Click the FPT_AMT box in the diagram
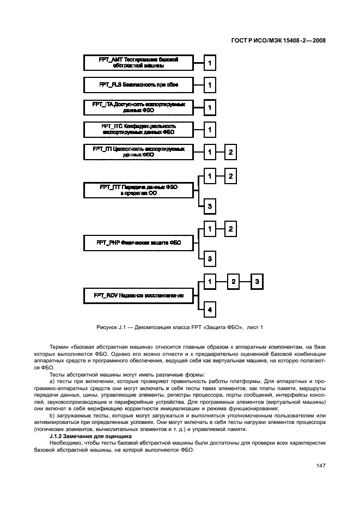138,63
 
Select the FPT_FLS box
138,85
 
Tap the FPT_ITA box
138,107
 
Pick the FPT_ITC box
138,129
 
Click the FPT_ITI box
138,151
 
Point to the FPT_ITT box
138,190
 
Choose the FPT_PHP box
138,242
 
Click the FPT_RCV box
138,295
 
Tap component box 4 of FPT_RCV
209,311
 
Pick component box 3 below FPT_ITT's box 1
209,205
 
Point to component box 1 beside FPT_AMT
209,63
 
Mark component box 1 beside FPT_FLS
209,85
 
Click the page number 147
320,465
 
